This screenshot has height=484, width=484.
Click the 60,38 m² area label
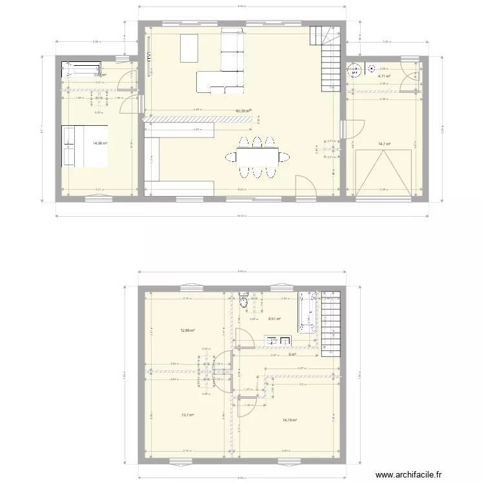coord(243,111)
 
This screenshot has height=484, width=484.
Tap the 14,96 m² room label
coord(100,143)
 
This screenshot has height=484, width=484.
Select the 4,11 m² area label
coord(384,76)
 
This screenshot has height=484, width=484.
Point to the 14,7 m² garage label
coord(384,144)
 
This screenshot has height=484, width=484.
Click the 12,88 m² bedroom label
coord(188,330)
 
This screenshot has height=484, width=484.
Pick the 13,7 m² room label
coord(188,416)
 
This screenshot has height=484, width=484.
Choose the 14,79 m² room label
coord(289,420)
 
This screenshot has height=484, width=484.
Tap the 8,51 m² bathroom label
coord(274,318)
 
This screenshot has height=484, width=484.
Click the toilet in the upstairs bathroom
coord(243,301)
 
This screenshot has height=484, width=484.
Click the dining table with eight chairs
coord(257,156)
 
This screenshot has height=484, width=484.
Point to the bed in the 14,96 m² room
coord(85,146)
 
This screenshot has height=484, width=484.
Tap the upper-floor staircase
coord(331,329)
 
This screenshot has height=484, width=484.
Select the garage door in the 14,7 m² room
coord(384,172)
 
